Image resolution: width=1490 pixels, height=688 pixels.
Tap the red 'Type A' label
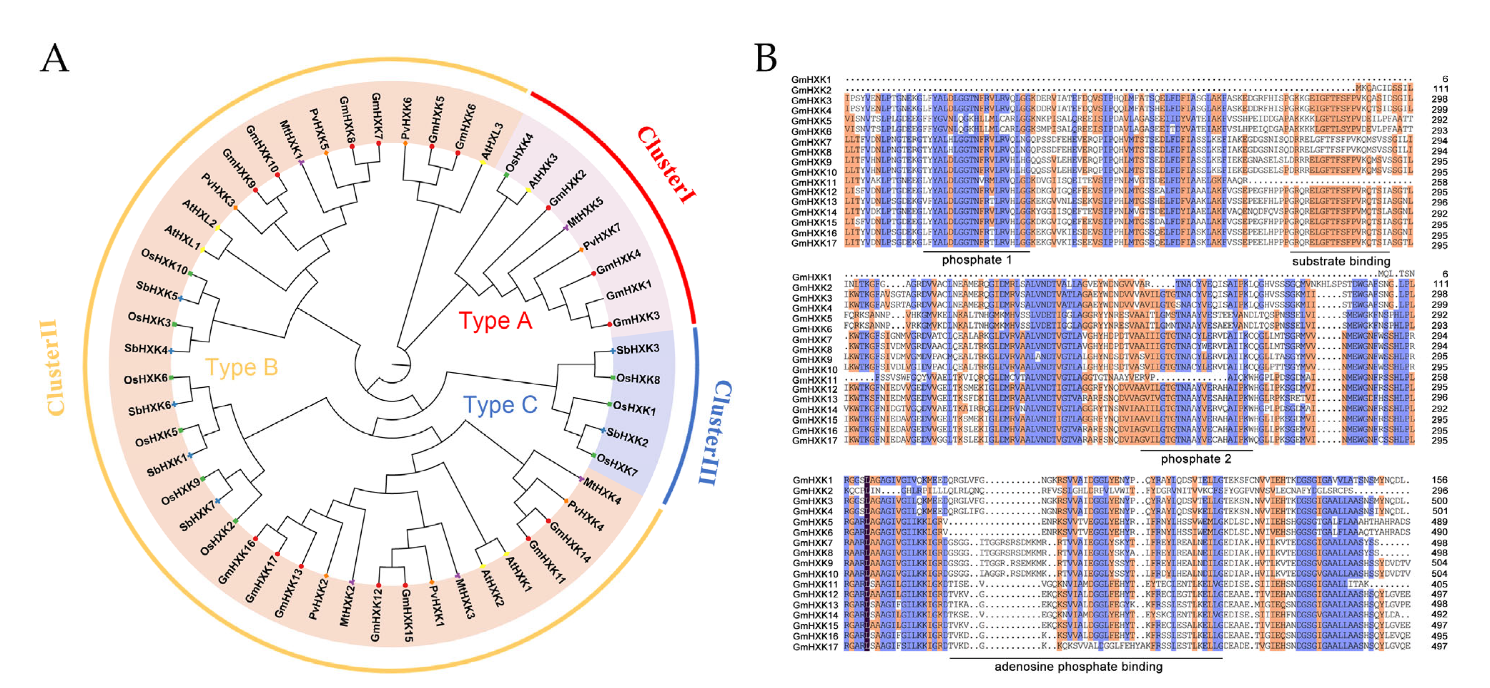pyautogui.click(x=495, y=320)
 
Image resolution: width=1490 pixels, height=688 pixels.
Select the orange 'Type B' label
pyautogui.click(x=242, y=368)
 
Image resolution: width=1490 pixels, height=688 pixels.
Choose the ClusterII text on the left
pyautogui.click(x=53, y=367)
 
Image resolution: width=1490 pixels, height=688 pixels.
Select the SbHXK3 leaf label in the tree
pyautogui.click(x=637, y=349)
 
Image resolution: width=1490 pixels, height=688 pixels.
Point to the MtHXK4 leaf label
pyautogui.click(x=602, y=491)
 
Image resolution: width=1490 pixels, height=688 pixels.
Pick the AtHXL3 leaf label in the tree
pyautogui.click(x=492, y=141)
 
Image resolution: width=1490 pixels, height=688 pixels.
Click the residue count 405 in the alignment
pyautogui.click(x=1439, y=585)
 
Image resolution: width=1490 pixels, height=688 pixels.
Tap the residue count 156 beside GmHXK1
pyautogui.click(x=1439, y=480)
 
